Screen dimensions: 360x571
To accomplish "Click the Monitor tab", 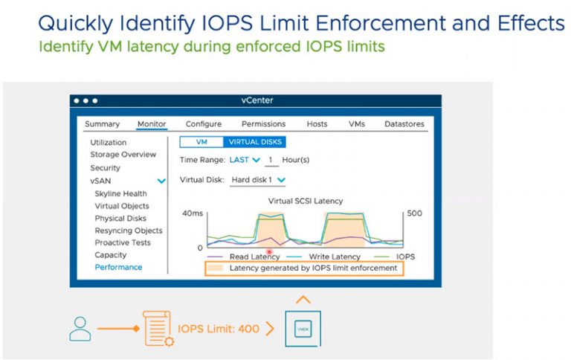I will (152, 124).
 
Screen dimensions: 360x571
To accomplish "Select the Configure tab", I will (204, 124).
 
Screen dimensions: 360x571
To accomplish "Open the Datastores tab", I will (404, 124).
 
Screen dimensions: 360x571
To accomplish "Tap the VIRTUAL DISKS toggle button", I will (254, 142).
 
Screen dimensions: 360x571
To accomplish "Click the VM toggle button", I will (201, 142).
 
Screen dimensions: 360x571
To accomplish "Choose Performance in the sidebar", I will (118, 268).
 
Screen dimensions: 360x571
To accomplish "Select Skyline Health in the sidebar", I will (120, 193).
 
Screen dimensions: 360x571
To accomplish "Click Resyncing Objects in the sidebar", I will (128, 231).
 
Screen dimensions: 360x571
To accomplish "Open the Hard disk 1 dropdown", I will (258, 180).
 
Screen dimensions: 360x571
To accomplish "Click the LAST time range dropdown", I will (245, 160).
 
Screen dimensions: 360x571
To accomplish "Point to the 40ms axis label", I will (193, 213).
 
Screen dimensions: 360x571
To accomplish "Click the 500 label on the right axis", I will (415, 213).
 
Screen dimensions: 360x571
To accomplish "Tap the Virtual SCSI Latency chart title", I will (306, 201).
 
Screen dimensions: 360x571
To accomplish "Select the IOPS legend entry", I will (405, 257).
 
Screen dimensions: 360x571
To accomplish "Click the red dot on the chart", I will (269, 251).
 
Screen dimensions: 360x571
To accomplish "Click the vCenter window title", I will (256, 100).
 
